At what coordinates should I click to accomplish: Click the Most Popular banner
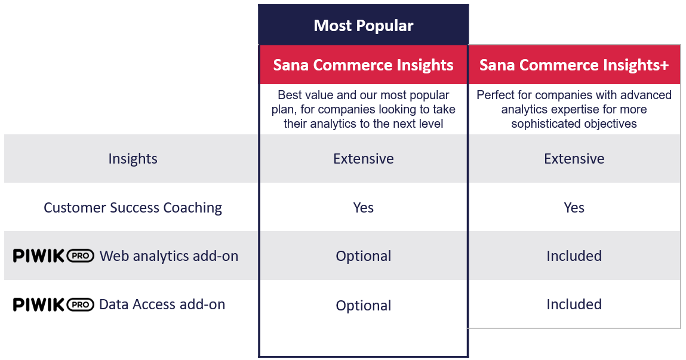[363, 25]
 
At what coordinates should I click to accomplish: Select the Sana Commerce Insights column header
[363, 64]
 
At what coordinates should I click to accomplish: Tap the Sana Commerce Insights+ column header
[574, 64]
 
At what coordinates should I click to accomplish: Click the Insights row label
[133, 158]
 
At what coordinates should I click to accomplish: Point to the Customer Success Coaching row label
[133, 207]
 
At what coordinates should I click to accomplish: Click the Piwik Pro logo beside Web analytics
[53, 256]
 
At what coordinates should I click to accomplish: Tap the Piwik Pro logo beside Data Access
[53, 304]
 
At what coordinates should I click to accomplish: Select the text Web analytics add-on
[169, 256]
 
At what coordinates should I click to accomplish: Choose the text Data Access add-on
[162, 304]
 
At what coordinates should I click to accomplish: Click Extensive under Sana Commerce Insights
[363, 158]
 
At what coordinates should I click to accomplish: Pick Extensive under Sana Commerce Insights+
[574, 158]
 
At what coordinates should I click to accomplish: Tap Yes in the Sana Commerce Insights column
[363, 207]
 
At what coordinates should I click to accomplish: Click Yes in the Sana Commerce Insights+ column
[574, 207]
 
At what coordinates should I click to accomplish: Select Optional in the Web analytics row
[363, 256]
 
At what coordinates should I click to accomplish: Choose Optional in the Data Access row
[363, 305]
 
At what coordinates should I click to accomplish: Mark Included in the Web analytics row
[574, 256]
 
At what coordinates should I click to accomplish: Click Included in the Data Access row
[574, 304]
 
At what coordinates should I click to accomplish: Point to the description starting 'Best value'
[363, 109]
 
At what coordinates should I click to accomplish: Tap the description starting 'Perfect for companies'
[574, 109]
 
